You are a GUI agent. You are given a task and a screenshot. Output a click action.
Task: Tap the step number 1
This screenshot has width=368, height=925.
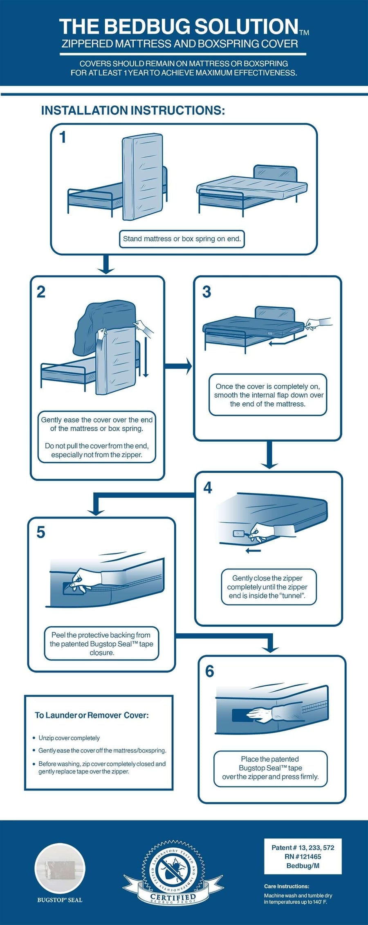[63, 138]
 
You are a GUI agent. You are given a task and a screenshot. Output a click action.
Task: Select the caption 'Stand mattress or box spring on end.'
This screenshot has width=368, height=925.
[182, 239]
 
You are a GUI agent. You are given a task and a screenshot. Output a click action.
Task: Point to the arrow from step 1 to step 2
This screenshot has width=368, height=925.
[106, 265]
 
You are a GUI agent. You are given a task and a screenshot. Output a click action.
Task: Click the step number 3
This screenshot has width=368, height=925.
[206, 292]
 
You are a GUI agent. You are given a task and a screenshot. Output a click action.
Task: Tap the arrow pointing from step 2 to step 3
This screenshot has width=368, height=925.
[178, 366]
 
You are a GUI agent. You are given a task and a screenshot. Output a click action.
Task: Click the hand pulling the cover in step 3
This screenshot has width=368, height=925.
[317, 323]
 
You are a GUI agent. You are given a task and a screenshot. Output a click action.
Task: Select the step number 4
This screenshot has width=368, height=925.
[208, 487]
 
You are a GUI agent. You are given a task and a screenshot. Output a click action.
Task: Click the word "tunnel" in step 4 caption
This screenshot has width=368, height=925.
[292, 596]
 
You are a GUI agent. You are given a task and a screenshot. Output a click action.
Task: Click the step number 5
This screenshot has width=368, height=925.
[41, 532]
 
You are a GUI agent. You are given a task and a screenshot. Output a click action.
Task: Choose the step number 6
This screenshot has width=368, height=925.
[209, 671]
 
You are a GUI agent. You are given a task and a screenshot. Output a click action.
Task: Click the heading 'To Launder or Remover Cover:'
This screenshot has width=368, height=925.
[92, 715]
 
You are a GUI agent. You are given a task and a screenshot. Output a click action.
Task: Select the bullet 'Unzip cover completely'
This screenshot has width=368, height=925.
[69, 738]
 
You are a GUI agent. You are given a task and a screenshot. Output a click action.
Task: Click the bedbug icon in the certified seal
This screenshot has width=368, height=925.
[173, 870]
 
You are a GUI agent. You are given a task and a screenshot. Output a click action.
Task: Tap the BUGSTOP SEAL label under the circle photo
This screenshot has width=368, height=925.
[60, 900]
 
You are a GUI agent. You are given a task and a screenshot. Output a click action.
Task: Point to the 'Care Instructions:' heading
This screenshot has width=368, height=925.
[287, 886]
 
